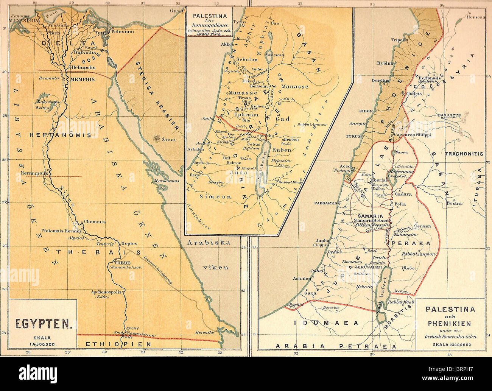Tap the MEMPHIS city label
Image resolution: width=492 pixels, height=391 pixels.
[x=82, y=80]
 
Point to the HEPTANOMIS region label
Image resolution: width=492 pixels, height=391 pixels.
[x=55, y=135]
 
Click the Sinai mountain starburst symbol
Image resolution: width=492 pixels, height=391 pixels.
[x=156, y=139]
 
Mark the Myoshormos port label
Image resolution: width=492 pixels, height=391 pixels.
[x=167, y=181]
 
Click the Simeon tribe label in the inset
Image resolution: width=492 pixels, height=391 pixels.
[x=215, y=197]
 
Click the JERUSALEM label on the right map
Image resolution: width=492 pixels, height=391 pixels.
[x=366, y=266]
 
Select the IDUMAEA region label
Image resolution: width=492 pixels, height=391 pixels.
[x=327, y=323]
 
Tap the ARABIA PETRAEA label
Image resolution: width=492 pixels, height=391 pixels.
[x=335, y=346]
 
